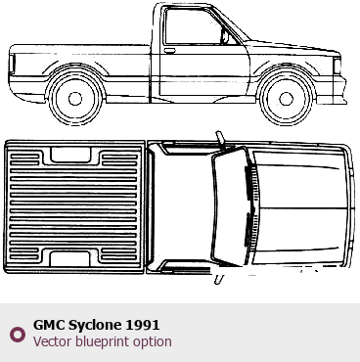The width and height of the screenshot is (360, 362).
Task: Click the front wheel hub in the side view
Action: pyautogui.click(x=287, y=99)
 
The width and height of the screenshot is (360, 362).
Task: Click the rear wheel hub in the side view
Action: pyautogui.click(x=75, y=99)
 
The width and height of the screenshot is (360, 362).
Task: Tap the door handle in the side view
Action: pyautogui.click(x=169, y=51)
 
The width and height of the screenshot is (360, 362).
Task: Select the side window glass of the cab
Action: pyautogui.click(x=193, y=26)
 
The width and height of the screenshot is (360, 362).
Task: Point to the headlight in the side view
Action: pyautogui.click(x=337, y=66)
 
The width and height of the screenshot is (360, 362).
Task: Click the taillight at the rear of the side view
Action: pyautogui.click(x=12, y=64)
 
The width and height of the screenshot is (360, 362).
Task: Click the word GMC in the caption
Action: pyautogui.click(x=49, y=325)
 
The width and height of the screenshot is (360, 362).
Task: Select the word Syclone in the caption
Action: pyautogui.click(x=95, y=326)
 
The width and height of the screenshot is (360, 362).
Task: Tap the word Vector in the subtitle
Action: pyautogui.click(x=53, y=341)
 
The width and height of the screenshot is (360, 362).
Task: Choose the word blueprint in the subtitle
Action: pyautogui.click(x=103, y=342)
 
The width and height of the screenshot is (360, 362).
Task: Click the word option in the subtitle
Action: pyautogui.click(x=153, y=342)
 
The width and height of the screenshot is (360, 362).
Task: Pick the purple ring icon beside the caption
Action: pyautogui.click(x=18, y=335)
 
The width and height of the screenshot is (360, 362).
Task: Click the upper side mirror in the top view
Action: pyautogui.click(x=220, y=138)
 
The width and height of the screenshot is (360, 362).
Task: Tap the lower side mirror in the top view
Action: pyautogui.click(x=219, y=279)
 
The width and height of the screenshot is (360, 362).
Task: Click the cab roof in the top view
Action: pyautogui.click(x=183, y=207)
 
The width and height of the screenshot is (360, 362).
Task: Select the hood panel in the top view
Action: pyautogui.click(x=299, y=207)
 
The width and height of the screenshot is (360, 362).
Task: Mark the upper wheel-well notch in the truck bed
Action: pyautogui.click(x=70, y=156)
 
